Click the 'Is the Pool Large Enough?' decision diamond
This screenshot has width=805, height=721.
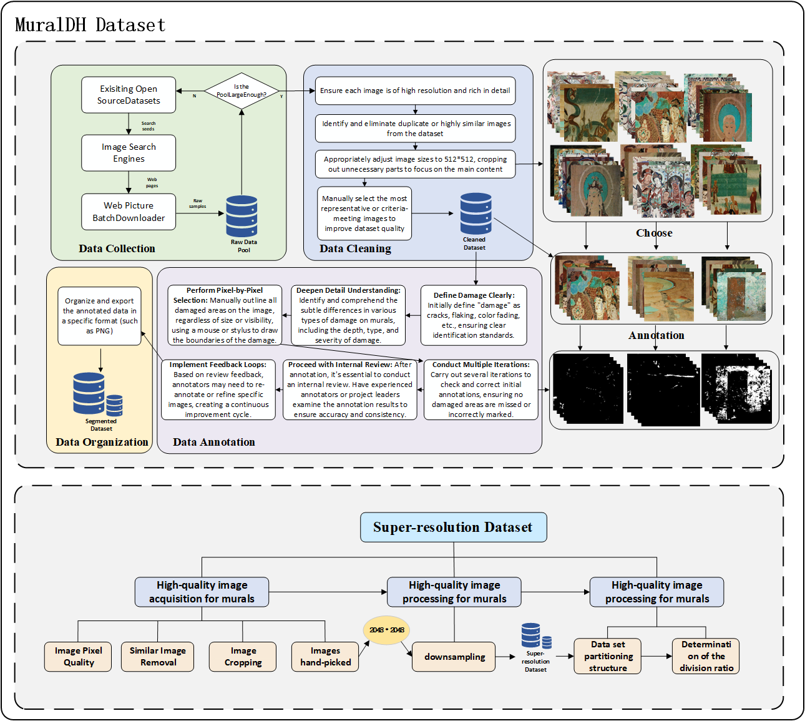tap(241, 91)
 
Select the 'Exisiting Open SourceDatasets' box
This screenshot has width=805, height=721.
tap(129, 95)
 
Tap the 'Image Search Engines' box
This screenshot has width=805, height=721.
tap(129, 153)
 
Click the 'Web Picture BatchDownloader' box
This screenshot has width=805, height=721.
tap(129, 212)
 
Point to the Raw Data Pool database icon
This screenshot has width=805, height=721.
tap(241, 216)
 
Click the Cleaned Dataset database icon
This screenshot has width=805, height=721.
tap(476, 213)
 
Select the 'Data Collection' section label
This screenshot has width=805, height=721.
tap(117, 248)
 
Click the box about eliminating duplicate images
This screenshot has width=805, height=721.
tap(416, 129)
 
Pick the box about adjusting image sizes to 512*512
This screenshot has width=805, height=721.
tap(416, 164)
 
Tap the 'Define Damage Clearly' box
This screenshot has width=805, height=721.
tap(474, 315)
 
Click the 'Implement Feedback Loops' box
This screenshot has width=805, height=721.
tap(218, 390)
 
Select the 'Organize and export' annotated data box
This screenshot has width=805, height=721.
tap(99, 316)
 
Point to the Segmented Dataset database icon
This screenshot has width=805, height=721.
tap(94, 395)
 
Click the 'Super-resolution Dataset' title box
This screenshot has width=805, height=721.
tap(453, 527)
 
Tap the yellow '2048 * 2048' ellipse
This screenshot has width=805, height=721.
tap(386, 630)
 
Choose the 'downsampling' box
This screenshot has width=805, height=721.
tap(454, 657)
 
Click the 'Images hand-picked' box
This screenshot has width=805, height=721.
tap(325, 657)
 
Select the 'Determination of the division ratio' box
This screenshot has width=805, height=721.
tap(706, 656)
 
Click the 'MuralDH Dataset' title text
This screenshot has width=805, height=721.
tap(90, 25)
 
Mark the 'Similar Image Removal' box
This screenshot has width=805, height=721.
tap(158, 657)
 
